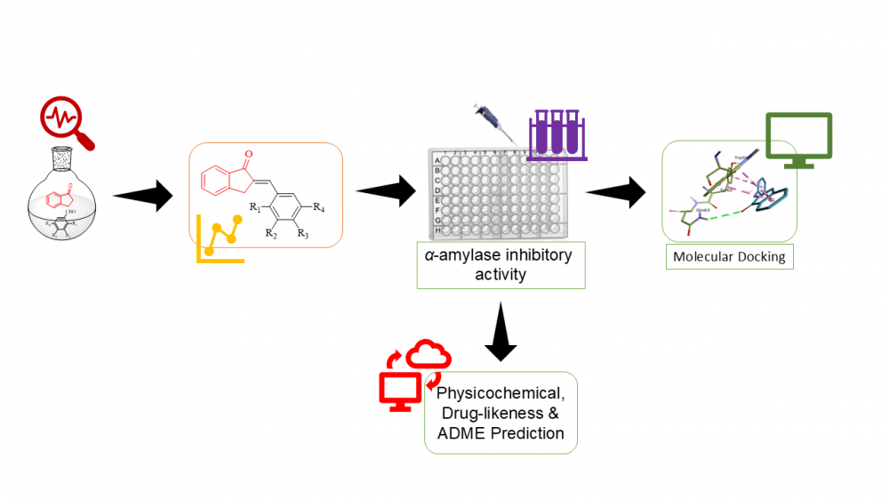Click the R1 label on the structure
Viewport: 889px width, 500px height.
point(254,208)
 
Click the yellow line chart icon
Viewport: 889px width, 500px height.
point(220,238)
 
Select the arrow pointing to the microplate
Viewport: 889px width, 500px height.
point(386,190)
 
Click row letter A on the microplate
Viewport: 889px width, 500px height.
point(437,160)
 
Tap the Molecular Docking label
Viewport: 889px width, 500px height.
point(728,257)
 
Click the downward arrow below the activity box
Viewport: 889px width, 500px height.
point(501,332)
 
